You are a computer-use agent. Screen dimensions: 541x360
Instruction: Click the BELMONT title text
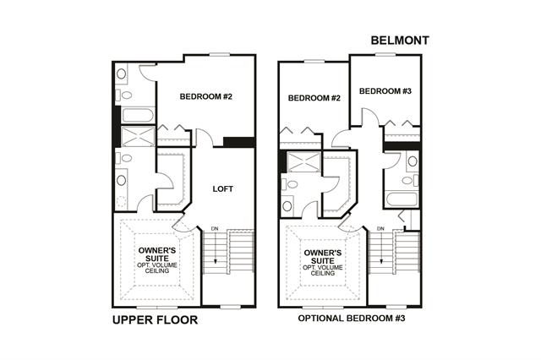(x=400, y=41)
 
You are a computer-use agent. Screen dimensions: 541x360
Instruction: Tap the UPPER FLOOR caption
(x=155, y=320)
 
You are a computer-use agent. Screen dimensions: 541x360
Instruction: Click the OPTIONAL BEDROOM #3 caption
(x=352, y=319)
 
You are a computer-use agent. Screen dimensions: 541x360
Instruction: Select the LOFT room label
(x=223, y=189)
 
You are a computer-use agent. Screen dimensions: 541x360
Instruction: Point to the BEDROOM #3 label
(x=385, y=91)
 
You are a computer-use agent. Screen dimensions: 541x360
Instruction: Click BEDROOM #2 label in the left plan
(x=206, y=96)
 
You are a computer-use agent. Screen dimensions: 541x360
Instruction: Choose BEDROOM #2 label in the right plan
(x=314, y=98)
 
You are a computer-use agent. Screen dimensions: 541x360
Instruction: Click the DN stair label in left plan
(x=215, y=229)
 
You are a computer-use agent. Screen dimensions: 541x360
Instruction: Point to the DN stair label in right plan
(x=380, y=229)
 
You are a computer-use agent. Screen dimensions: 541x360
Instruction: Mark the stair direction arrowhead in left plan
(x=216, y=261)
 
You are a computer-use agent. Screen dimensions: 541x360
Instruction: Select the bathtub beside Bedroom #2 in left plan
(x=138, y=115)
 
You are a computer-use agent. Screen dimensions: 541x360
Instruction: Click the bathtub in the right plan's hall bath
(x=402, y=199)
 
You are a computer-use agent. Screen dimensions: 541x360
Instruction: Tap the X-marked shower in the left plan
(x=138, y=136)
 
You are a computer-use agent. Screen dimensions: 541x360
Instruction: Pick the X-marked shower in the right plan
(x=304, y=162)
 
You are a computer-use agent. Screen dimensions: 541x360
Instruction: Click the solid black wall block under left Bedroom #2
(x=239, y=142)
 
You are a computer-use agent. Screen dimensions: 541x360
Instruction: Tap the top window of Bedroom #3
(x=385, y=54)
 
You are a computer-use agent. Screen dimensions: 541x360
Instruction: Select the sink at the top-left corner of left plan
(x=121, y=74)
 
